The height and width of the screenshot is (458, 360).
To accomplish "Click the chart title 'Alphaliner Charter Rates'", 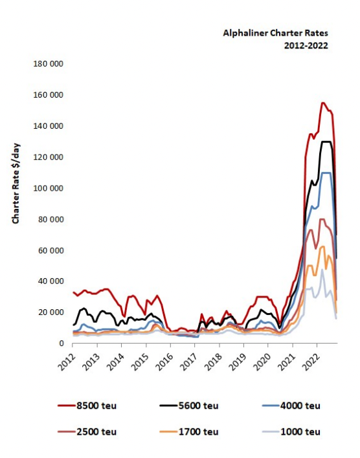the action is (275, 33).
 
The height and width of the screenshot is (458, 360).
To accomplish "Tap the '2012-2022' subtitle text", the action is (306, 45).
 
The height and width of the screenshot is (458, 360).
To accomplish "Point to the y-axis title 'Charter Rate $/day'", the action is (16, 184).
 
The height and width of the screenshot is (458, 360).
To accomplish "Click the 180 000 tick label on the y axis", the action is (49, 63).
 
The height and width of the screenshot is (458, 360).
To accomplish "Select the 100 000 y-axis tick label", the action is (49, 188).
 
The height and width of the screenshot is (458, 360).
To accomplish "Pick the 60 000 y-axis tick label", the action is (51, 250).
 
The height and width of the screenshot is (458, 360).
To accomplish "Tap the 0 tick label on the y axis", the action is (61, 343).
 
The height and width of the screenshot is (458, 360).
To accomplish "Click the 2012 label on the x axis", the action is (66, 362).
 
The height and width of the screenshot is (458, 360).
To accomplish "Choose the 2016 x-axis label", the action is (164, 362).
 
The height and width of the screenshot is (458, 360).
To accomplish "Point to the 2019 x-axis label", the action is (237, 362).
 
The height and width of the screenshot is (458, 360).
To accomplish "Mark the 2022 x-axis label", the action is (310, 362).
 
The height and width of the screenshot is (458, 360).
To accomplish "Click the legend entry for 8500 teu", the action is (87, 406).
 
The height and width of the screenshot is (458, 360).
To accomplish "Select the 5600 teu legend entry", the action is (189, 406).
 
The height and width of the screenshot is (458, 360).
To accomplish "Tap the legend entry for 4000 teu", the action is (291, 406).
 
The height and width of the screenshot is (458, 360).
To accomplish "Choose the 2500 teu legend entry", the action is (87, 431).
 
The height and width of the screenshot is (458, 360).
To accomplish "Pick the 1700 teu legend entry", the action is (189, 431).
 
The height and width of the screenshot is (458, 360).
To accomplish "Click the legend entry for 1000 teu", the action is (291, 431).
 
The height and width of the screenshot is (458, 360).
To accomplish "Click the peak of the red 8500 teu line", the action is (322, 103).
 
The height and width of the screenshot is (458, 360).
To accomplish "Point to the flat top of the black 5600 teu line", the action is (326, 142).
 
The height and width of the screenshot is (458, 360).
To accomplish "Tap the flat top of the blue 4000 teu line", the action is (326, 173).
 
